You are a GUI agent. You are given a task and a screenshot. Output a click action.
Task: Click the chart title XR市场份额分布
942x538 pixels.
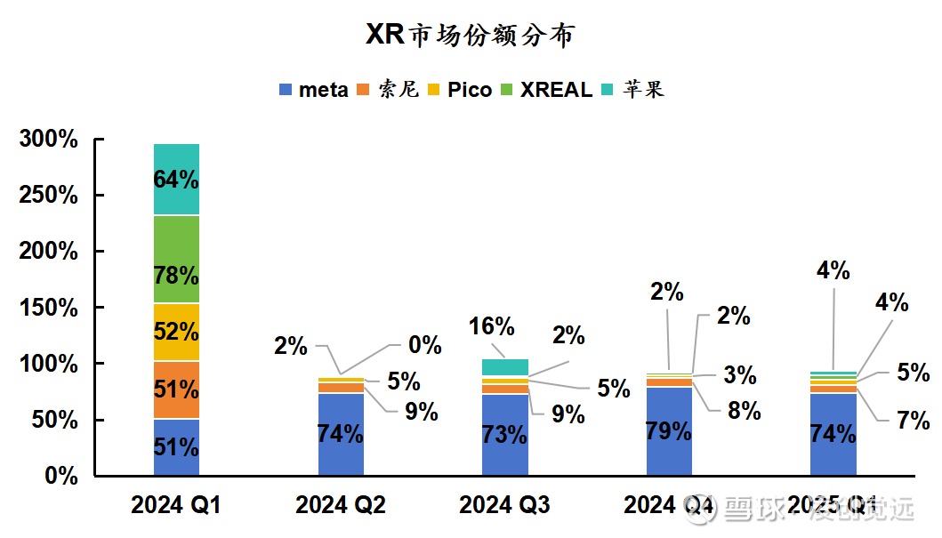click(471, 35)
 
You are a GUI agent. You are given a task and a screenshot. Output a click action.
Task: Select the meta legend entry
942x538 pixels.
click(314, 90)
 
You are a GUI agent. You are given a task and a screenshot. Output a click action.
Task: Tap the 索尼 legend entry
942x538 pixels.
click(389, 90)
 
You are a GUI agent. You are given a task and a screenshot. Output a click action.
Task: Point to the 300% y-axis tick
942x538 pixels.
click(48, 140)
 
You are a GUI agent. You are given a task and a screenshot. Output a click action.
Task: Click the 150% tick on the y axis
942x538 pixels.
click(48, 308)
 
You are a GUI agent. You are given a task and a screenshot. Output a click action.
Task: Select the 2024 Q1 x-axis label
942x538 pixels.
click(175, 506)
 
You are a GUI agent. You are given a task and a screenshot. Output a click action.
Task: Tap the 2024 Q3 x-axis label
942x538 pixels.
click(504, 506)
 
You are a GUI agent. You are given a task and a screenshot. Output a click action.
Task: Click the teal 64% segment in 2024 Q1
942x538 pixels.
click(176, 179)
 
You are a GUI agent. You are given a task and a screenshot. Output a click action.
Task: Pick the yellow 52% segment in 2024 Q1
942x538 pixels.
click(176, 332)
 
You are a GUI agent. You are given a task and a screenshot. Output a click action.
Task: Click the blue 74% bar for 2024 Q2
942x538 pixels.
click(341, 434)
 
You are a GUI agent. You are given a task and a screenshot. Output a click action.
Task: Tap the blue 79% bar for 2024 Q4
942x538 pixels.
click(669, 431)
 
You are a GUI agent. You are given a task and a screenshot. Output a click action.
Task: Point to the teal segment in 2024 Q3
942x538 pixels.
click(505, 367)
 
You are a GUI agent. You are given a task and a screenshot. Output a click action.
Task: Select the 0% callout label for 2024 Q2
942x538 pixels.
click(425, 345)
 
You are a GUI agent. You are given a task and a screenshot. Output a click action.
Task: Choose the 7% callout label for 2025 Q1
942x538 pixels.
click(913, 420)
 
